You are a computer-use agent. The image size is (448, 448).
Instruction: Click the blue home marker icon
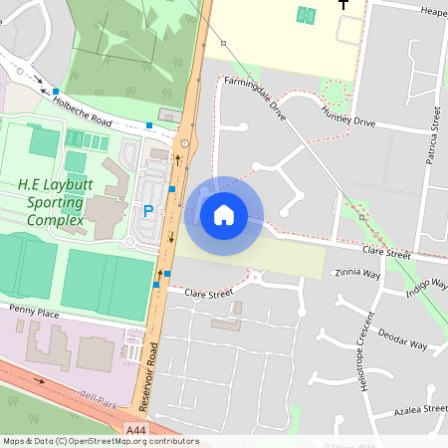pyautogui.click(x=223, y=214)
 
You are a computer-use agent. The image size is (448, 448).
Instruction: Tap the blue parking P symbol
pyautogui.click(x=148, y=211)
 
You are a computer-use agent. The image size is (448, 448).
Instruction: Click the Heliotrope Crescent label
pyautogui.click(x=369, y=352)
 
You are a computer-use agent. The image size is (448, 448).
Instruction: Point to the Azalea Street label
pyautogui.click(x=420, y=409)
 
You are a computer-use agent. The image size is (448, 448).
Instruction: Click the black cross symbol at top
pyautogui.click(x=344, y=6)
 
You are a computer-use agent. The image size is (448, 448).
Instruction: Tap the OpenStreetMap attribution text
pyautogui.click(x=100, y=441)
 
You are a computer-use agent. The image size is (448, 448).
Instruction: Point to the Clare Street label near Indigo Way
pyautogui.click(x=386, y=255)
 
